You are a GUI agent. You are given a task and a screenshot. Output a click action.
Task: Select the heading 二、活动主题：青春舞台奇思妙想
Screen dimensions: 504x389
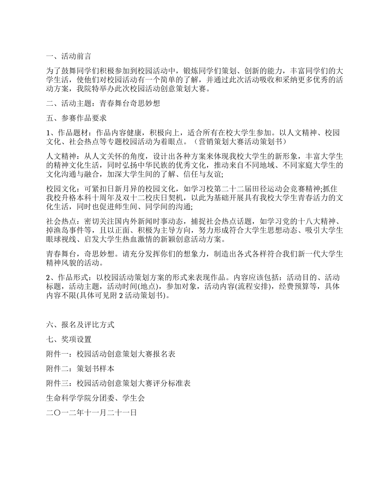click(103, 103)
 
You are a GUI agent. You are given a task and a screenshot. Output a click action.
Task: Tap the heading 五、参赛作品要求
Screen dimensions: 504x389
click(77, 118)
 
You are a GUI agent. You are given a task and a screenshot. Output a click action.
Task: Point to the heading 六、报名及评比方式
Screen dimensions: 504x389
click(80, 325)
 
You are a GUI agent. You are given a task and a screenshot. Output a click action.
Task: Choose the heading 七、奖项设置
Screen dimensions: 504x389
click(69, 339)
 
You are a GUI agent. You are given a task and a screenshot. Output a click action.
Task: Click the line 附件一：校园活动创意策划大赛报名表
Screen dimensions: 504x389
click(111, 354)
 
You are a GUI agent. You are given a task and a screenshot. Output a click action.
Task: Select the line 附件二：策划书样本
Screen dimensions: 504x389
click(80, 369)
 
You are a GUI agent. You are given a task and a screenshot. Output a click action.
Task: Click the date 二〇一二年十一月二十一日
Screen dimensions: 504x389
click(92, 413)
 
